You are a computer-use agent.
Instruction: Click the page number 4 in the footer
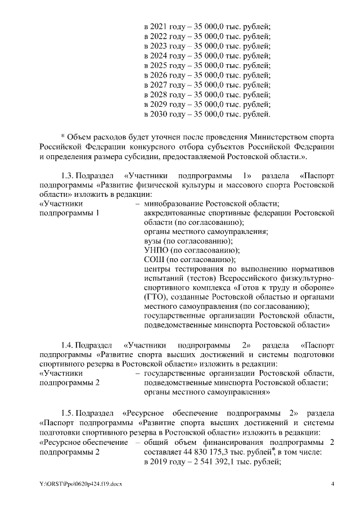pyautogui.click(x=332, y=484)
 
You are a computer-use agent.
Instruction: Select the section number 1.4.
pyautogui.click(x=67, y=344)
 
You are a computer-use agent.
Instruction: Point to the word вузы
pyautogui.click(x=154, y=240)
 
